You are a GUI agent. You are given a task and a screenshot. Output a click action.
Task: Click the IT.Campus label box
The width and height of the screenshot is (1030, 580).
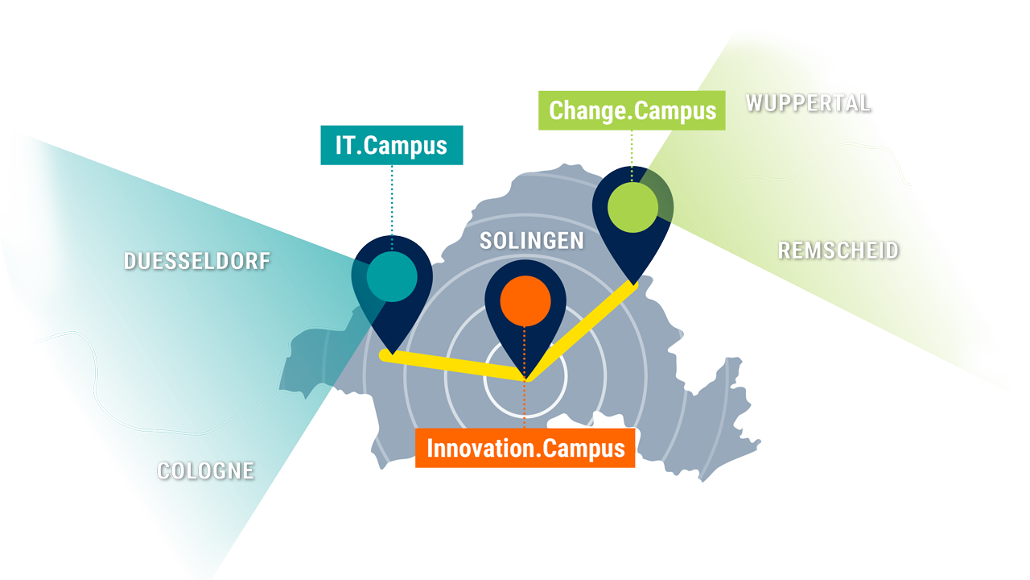392,145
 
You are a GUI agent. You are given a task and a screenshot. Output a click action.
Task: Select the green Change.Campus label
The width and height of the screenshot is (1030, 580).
632,110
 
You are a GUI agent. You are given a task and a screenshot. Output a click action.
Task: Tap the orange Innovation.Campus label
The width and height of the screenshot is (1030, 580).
525,448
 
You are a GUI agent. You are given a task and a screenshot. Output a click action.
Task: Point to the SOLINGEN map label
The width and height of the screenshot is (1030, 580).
532,241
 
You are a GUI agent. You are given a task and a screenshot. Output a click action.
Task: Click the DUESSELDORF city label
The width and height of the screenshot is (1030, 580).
197,261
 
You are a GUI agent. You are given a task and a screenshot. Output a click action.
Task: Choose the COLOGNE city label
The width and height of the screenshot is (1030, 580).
205,471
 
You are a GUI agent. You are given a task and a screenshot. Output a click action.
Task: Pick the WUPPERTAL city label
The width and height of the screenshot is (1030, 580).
809,103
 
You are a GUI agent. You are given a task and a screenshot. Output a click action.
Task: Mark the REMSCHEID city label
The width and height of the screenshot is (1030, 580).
838,251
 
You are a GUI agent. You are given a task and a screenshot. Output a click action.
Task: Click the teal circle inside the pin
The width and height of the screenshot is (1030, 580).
392,276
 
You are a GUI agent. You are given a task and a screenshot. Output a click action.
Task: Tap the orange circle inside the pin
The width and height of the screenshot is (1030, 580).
525,301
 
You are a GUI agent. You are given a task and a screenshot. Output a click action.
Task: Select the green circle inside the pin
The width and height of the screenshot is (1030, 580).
632,207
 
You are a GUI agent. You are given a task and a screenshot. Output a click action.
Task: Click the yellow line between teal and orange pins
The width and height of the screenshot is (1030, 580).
453,366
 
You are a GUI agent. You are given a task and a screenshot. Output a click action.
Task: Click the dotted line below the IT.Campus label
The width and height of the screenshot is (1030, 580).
392,208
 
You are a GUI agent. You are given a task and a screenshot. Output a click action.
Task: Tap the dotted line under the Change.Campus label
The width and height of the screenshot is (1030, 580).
632,156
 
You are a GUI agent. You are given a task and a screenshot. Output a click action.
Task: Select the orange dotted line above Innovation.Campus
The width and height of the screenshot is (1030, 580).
524,378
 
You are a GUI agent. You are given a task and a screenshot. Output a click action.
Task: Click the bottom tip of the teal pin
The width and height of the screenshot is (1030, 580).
392,354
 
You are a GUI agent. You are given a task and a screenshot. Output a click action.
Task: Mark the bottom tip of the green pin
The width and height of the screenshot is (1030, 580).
633,285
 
